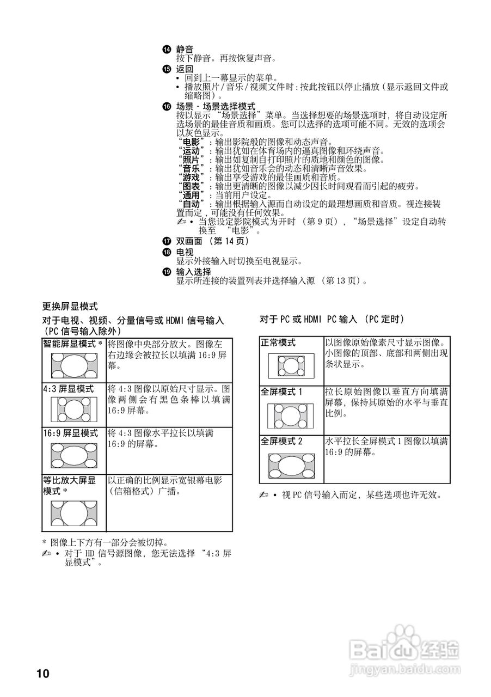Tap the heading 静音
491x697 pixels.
[185, 50]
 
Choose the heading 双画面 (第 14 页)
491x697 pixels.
[212, 241]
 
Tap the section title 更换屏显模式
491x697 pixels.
[70, 306]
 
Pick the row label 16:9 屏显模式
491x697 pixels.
[71, 433]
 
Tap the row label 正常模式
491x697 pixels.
[278, 343]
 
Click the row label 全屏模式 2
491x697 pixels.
[282, 442]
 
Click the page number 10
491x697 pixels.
[43, 674]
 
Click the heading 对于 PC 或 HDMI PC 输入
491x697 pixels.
[332, 319]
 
